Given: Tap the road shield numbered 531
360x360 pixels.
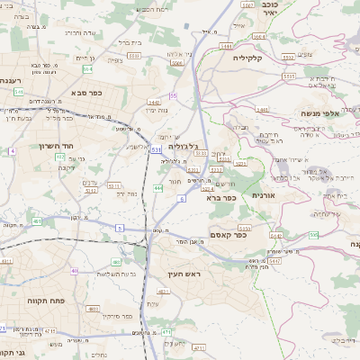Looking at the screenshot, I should coord(157,148).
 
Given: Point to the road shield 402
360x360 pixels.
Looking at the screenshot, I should coord(60,157).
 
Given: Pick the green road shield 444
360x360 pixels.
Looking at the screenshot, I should coord(158,187).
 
